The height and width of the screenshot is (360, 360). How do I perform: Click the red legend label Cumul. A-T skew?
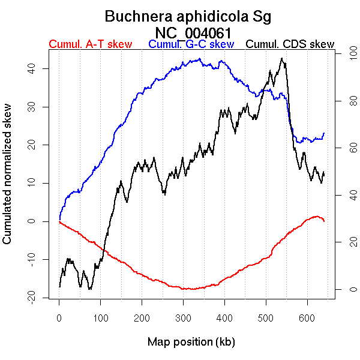pyautogui.click(x=90, y=44)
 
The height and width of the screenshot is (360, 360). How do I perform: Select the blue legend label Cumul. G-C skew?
pyautogui.click(x=191, y=44)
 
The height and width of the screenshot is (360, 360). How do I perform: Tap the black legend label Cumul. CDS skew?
pyautogui.click(x=290, y=44)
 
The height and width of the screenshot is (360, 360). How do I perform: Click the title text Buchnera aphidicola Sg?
pyautogui.click(x=188, y=17)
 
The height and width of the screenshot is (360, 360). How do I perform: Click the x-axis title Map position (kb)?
pyautogui.click(x=191, y=342)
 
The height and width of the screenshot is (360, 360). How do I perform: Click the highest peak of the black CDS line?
pyautogui.click(x=282, y=58)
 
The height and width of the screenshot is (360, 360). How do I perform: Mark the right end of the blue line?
pyautogui.click(x=324, y=133)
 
